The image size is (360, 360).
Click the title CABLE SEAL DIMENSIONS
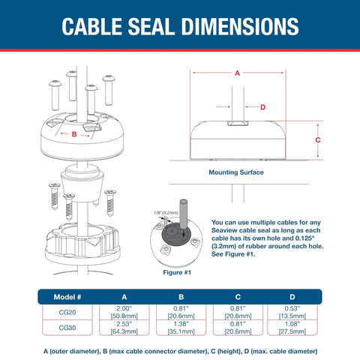click(180, 28)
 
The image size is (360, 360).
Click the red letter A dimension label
click(238, 73)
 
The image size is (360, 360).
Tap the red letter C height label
click(317, 139)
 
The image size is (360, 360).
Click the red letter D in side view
click(262, 107)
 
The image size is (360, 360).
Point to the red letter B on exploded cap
click(73, 135)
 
